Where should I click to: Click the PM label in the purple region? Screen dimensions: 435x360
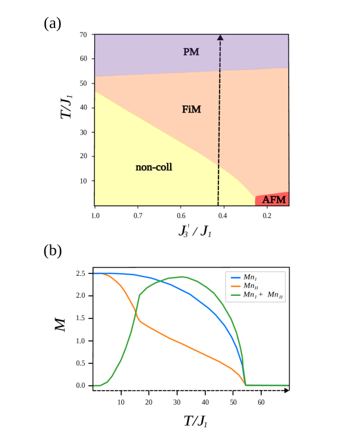pos(191,52)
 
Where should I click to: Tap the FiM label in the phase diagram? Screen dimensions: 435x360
pos(191,109)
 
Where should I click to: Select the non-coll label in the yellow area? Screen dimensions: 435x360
pos(153,167)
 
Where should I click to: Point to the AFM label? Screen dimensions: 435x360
pos(274,200)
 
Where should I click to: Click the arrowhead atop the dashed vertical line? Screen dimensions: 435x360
pos(220,37)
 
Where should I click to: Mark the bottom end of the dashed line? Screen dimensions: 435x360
pos(218,205)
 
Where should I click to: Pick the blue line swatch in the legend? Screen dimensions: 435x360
pos(235,277)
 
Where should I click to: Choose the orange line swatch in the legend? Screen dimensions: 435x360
pos(235,286)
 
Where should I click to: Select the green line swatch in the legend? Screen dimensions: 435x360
pos(235,295)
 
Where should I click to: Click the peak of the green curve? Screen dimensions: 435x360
pos(183,276)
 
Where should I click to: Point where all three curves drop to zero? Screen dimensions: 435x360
pos(245,385)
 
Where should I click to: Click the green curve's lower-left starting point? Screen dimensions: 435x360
pos(95,385)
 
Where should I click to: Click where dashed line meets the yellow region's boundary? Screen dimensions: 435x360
pos(218,166)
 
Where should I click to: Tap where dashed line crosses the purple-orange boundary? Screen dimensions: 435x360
pos(220,71)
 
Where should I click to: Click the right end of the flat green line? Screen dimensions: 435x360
pos(288,385)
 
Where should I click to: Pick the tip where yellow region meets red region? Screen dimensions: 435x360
pos(255,198)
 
